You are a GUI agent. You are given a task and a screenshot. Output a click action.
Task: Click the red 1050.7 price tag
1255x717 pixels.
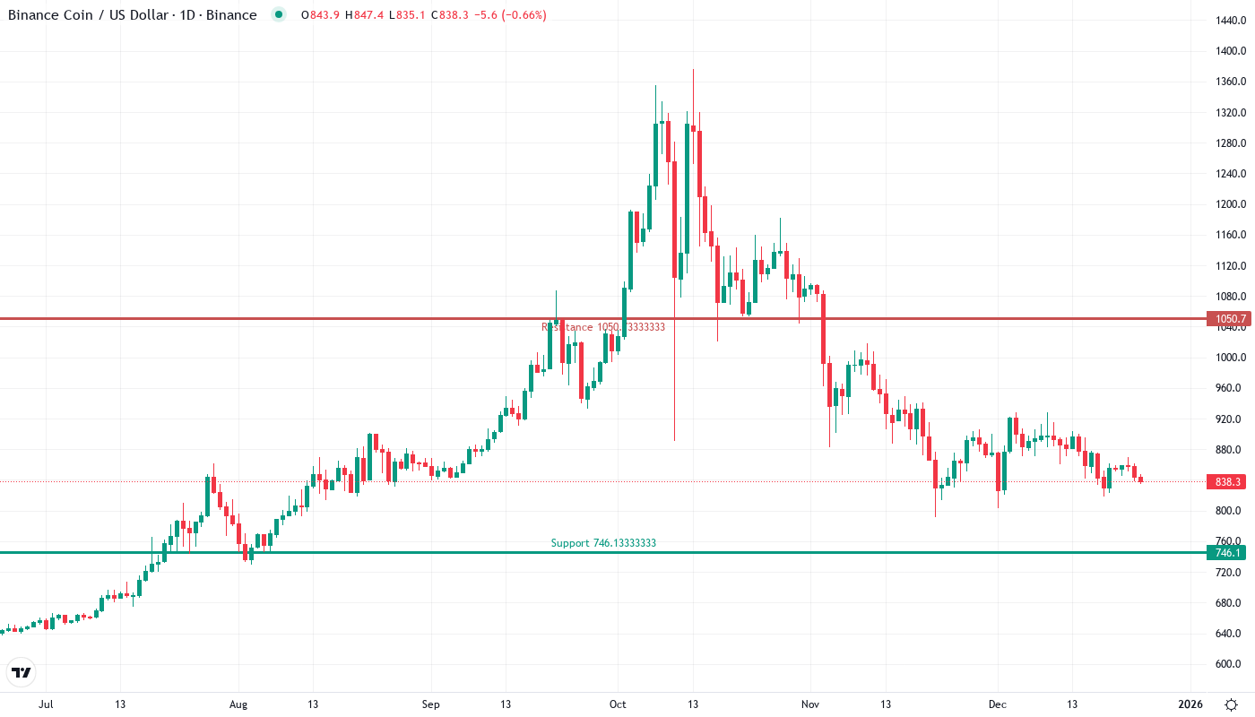(1227, 318)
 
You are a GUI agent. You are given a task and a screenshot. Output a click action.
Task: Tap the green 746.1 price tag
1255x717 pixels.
(1227, 552)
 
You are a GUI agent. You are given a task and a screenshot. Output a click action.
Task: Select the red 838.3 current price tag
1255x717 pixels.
(1227, 482)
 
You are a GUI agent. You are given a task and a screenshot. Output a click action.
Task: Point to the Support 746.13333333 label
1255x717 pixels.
(597, 543)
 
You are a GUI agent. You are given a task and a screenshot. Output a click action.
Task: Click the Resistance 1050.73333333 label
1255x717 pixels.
(603, 327)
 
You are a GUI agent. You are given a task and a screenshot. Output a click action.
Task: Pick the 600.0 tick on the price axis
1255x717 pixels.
(1227, 664)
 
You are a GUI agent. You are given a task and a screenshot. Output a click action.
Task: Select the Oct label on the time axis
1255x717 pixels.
(617, 704)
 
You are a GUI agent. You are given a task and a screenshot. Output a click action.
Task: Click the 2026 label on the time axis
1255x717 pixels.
(1190, 704)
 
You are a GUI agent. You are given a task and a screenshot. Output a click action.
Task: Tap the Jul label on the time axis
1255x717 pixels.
(46, 704)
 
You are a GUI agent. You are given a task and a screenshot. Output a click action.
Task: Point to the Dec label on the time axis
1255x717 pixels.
(997, 704)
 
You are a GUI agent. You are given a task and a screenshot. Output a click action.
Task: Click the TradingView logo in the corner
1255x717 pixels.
(22, 672)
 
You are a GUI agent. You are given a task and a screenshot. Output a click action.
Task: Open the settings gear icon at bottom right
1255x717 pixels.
(1233, 704)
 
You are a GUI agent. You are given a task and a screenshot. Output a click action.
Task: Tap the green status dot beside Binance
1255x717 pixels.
(279, 14)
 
